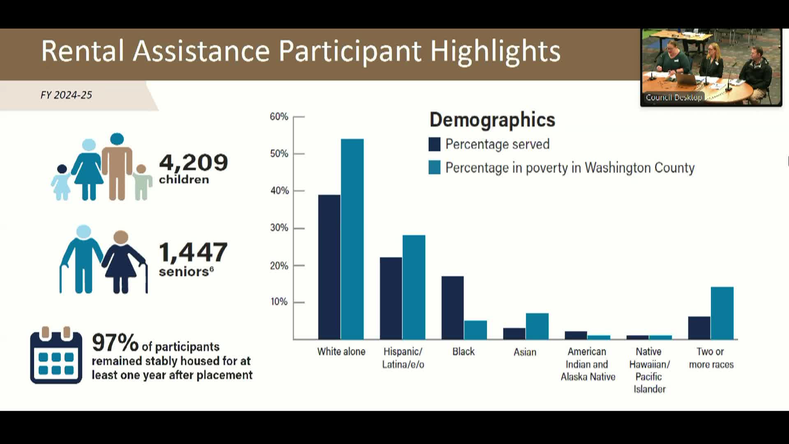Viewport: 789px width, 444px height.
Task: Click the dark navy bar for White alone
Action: click(329, 267)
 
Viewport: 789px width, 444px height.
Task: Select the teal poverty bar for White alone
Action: click(352, 239)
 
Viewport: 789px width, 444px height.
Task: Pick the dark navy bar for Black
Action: click(452, 308)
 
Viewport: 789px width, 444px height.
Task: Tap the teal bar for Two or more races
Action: click(722, 313)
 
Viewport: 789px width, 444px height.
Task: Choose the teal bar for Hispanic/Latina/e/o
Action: click(414, 287)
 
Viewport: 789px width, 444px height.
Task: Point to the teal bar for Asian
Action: click(537, 326)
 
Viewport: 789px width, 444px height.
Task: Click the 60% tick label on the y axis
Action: click(279, 117)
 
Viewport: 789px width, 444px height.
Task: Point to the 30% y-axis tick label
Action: click(279, 228)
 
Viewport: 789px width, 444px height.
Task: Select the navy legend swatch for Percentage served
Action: click(434, 144)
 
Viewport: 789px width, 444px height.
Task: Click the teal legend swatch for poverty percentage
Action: click(434, 167)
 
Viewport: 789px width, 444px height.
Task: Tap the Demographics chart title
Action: click(492, 120)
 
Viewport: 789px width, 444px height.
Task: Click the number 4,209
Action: click(193, 162)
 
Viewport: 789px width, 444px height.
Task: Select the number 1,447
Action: click(193, 252)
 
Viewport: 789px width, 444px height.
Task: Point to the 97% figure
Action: click(115, 342)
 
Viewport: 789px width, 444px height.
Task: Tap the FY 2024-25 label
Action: click(66, 95)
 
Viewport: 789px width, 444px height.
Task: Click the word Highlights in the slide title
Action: click(495, 52)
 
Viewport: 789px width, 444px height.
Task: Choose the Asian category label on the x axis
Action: click(525, 352)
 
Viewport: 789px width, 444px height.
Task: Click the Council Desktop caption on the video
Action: click(674, 97)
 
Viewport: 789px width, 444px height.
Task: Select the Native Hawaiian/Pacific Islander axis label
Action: click(649, 370)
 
